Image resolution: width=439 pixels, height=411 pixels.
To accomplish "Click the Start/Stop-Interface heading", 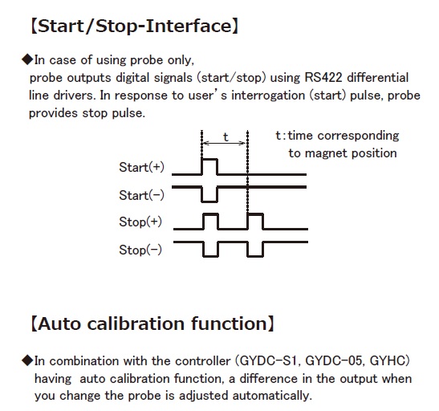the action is tap(134, 26).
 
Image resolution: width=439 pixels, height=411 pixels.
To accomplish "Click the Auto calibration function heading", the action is tap(152, 324).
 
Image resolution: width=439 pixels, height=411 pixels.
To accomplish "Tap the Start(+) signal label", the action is tap(142, 167).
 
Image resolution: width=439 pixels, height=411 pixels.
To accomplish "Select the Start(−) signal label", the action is tap(142, 195).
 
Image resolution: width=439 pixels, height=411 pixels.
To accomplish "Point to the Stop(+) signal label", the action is tap(140, 222).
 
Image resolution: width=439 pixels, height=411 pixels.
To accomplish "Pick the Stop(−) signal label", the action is tap(140, 250).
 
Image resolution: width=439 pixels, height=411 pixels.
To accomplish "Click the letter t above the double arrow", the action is tap(226, 137).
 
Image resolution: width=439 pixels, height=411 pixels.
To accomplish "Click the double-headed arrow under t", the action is tap(224, 144).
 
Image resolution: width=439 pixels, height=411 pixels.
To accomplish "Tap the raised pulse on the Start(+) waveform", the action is tap(209, 159).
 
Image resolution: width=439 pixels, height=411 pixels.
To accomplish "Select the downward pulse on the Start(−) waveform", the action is tap(209, 201).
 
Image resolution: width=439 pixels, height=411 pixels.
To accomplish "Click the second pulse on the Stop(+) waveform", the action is tap(255, 214).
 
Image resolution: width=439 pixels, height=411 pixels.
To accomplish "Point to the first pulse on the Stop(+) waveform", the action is tap(210, 214).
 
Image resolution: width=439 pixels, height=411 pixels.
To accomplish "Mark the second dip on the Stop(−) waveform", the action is tap(255, 256).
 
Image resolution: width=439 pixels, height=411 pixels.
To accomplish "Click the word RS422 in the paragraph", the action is tap(323, 78).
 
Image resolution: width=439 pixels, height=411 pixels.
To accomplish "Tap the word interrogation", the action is tap(268, 96).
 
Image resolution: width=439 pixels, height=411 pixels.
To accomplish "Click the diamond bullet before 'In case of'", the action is tap(27, 59).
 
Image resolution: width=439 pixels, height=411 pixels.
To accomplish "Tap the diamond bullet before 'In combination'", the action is tap(27, 360).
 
